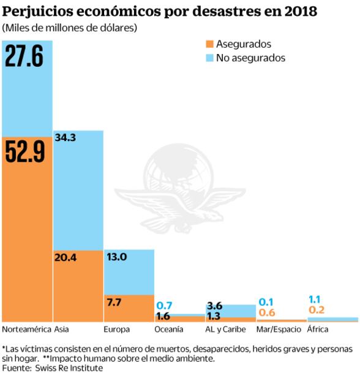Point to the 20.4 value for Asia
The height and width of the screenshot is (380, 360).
coord(65,257)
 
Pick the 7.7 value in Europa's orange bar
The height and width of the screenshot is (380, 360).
coord(113,302)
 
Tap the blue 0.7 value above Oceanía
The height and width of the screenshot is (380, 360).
coord(164,305)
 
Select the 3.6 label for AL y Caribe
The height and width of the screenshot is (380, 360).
coord(214,305)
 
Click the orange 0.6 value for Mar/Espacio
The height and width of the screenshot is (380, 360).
coord(266,313)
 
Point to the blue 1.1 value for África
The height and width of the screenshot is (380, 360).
coord(315,300)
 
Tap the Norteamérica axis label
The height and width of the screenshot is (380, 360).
coord(26,329)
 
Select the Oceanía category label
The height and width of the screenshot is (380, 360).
coord(168,329)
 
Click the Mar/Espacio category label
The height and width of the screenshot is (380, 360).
coord(279,329)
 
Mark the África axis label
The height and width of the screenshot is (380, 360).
coord(317,329)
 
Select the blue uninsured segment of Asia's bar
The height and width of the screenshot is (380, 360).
coord(78,190)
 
